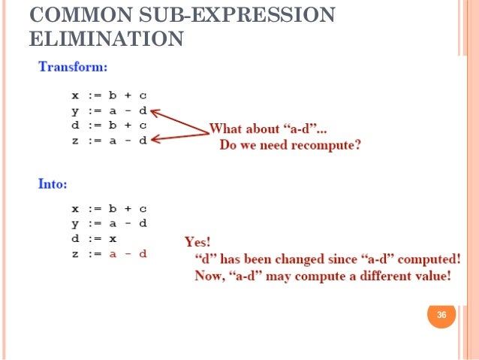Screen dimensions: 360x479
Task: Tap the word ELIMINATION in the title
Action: click(x=105, y=38)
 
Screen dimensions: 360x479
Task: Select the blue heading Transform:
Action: click(x=73, y=67)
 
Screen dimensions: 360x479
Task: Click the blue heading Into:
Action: click(x=55, y=182)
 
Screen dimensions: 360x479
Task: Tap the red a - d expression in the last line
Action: click(x=128, y=254)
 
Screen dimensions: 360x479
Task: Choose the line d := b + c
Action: click(x=109, y=126)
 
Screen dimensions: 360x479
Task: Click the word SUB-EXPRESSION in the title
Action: click(x=231, y=15)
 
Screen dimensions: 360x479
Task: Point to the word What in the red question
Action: click(x=226, y=128)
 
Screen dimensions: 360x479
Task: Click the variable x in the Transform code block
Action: click(x=75, y=96)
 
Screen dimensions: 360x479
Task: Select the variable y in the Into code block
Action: click(x=75, y=224)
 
